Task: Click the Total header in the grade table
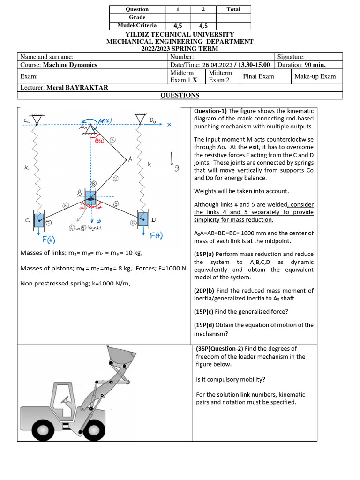tap(233, 9)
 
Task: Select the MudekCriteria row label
tap(137, 25)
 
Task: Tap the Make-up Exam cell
tap(315, 76)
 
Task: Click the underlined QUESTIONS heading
tap(180, 95)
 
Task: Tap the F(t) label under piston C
tap(49, 240)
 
